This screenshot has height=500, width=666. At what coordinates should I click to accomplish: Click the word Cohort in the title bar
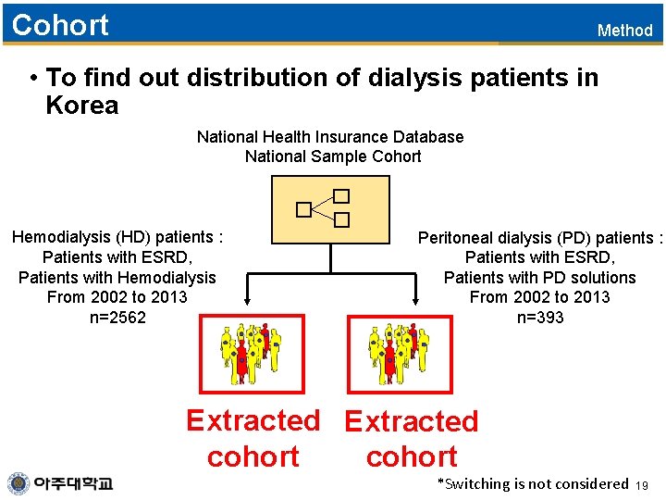(x=60, y=25)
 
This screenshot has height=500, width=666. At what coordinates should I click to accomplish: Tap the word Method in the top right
(x=624, y=31)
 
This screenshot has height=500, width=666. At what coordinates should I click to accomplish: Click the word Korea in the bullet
(x=82, y=106)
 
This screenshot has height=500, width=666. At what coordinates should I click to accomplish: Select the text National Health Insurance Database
(x=330, y=137)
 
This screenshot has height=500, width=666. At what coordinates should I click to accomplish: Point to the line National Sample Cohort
(x=333, y=156)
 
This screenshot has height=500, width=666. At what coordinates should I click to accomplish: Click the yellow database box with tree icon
(x=330, y=210)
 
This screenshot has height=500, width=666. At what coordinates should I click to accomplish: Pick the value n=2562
(x=117, y=318)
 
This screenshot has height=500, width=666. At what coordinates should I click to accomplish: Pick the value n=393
(x=540, y=318)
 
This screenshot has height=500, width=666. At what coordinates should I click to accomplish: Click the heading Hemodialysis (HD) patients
(x=117, y=237)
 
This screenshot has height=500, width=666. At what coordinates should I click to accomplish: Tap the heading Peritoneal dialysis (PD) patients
(x=540, y=238)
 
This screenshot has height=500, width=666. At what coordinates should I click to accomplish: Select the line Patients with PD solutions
(x=540, y=278)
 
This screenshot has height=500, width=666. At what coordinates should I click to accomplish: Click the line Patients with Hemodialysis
(x=117, y=278)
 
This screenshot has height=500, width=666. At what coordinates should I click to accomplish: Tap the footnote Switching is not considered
(x=533, y=483)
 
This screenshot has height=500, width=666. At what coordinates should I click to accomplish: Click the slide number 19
(x=644, y=485)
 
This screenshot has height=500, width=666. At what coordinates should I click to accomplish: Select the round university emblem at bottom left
(x=18, y=483)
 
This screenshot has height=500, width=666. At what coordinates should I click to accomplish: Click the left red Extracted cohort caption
(x=253, y=438)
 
